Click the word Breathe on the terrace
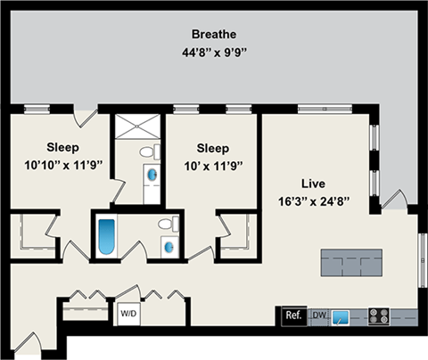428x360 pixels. (213, 35)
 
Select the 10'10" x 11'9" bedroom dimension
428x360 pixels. (62, 165)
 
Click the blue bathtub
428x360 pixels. (107, 235)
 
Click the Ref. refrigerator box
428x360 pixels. (292, 315)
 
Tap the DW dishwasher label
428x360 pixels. (319, 315)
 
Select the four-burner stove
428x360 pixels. (378, 315)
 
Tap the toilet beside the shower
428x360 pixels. (154, 151)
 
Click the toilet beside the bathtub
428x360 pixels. (165, 225)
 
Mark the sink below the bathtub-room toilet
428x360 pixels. (168, 243)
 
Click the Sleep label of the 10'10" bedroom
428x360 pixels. (62, 147)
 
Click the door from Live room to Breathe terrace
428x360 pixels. (393, 200)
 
